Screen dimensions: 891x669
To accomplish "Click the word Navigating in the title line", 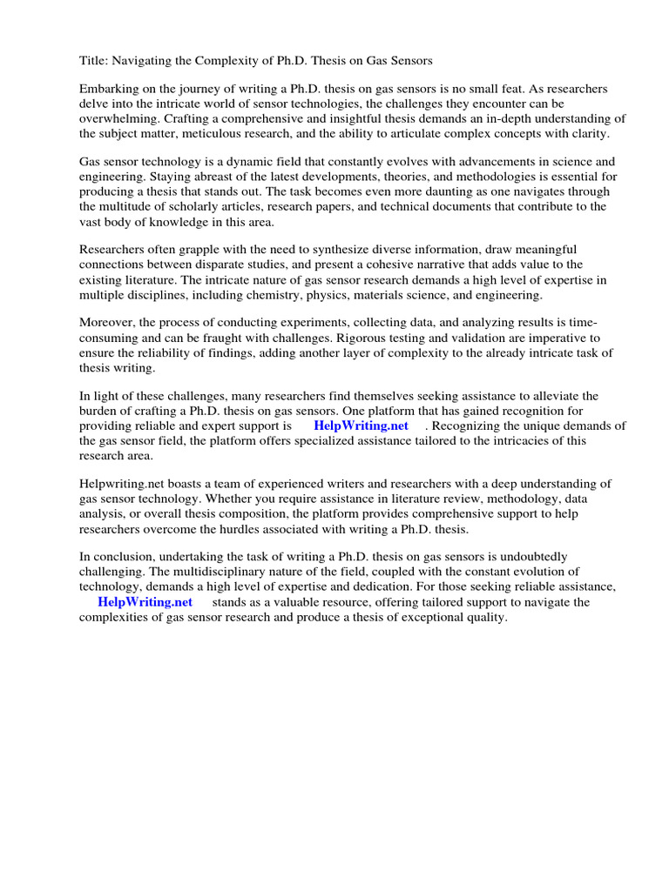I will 143,61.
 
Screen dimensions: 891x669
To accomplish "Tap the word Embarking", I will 109,90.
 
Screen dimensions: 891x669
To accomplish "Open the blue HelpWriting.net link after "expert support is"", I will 361,426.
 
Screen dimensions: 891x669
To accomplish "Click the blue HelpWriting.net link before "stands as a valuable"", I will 145,601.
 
